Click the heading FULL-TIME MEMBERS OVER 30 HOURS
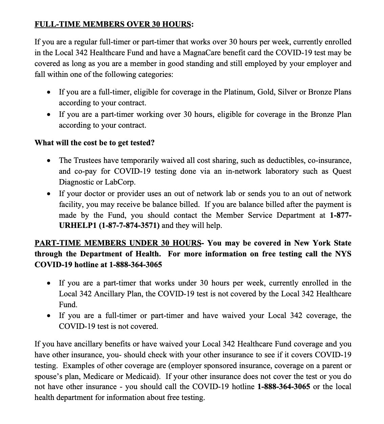pyautogui.click(x=114, y=24)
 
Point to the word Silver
pyautogui.click(x=287, y=92)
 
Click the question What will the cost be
pyautogui.click(x=94, y=143)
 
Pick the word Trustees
pyautogui.click(x=88, y=161)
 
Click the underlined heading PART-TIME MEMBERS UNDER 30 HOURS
pyautogui.click(x=118, y=243)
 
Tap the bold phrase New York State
pyautogui.click(x=323, y=243)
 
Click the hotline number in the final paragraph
pyautogui.click(x=284, y=387)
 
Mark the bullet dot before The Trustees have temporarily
pyautogui.click(x=49, y=161)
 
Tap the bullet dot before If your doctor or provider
pyautogui.click(x=49, y=194)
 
